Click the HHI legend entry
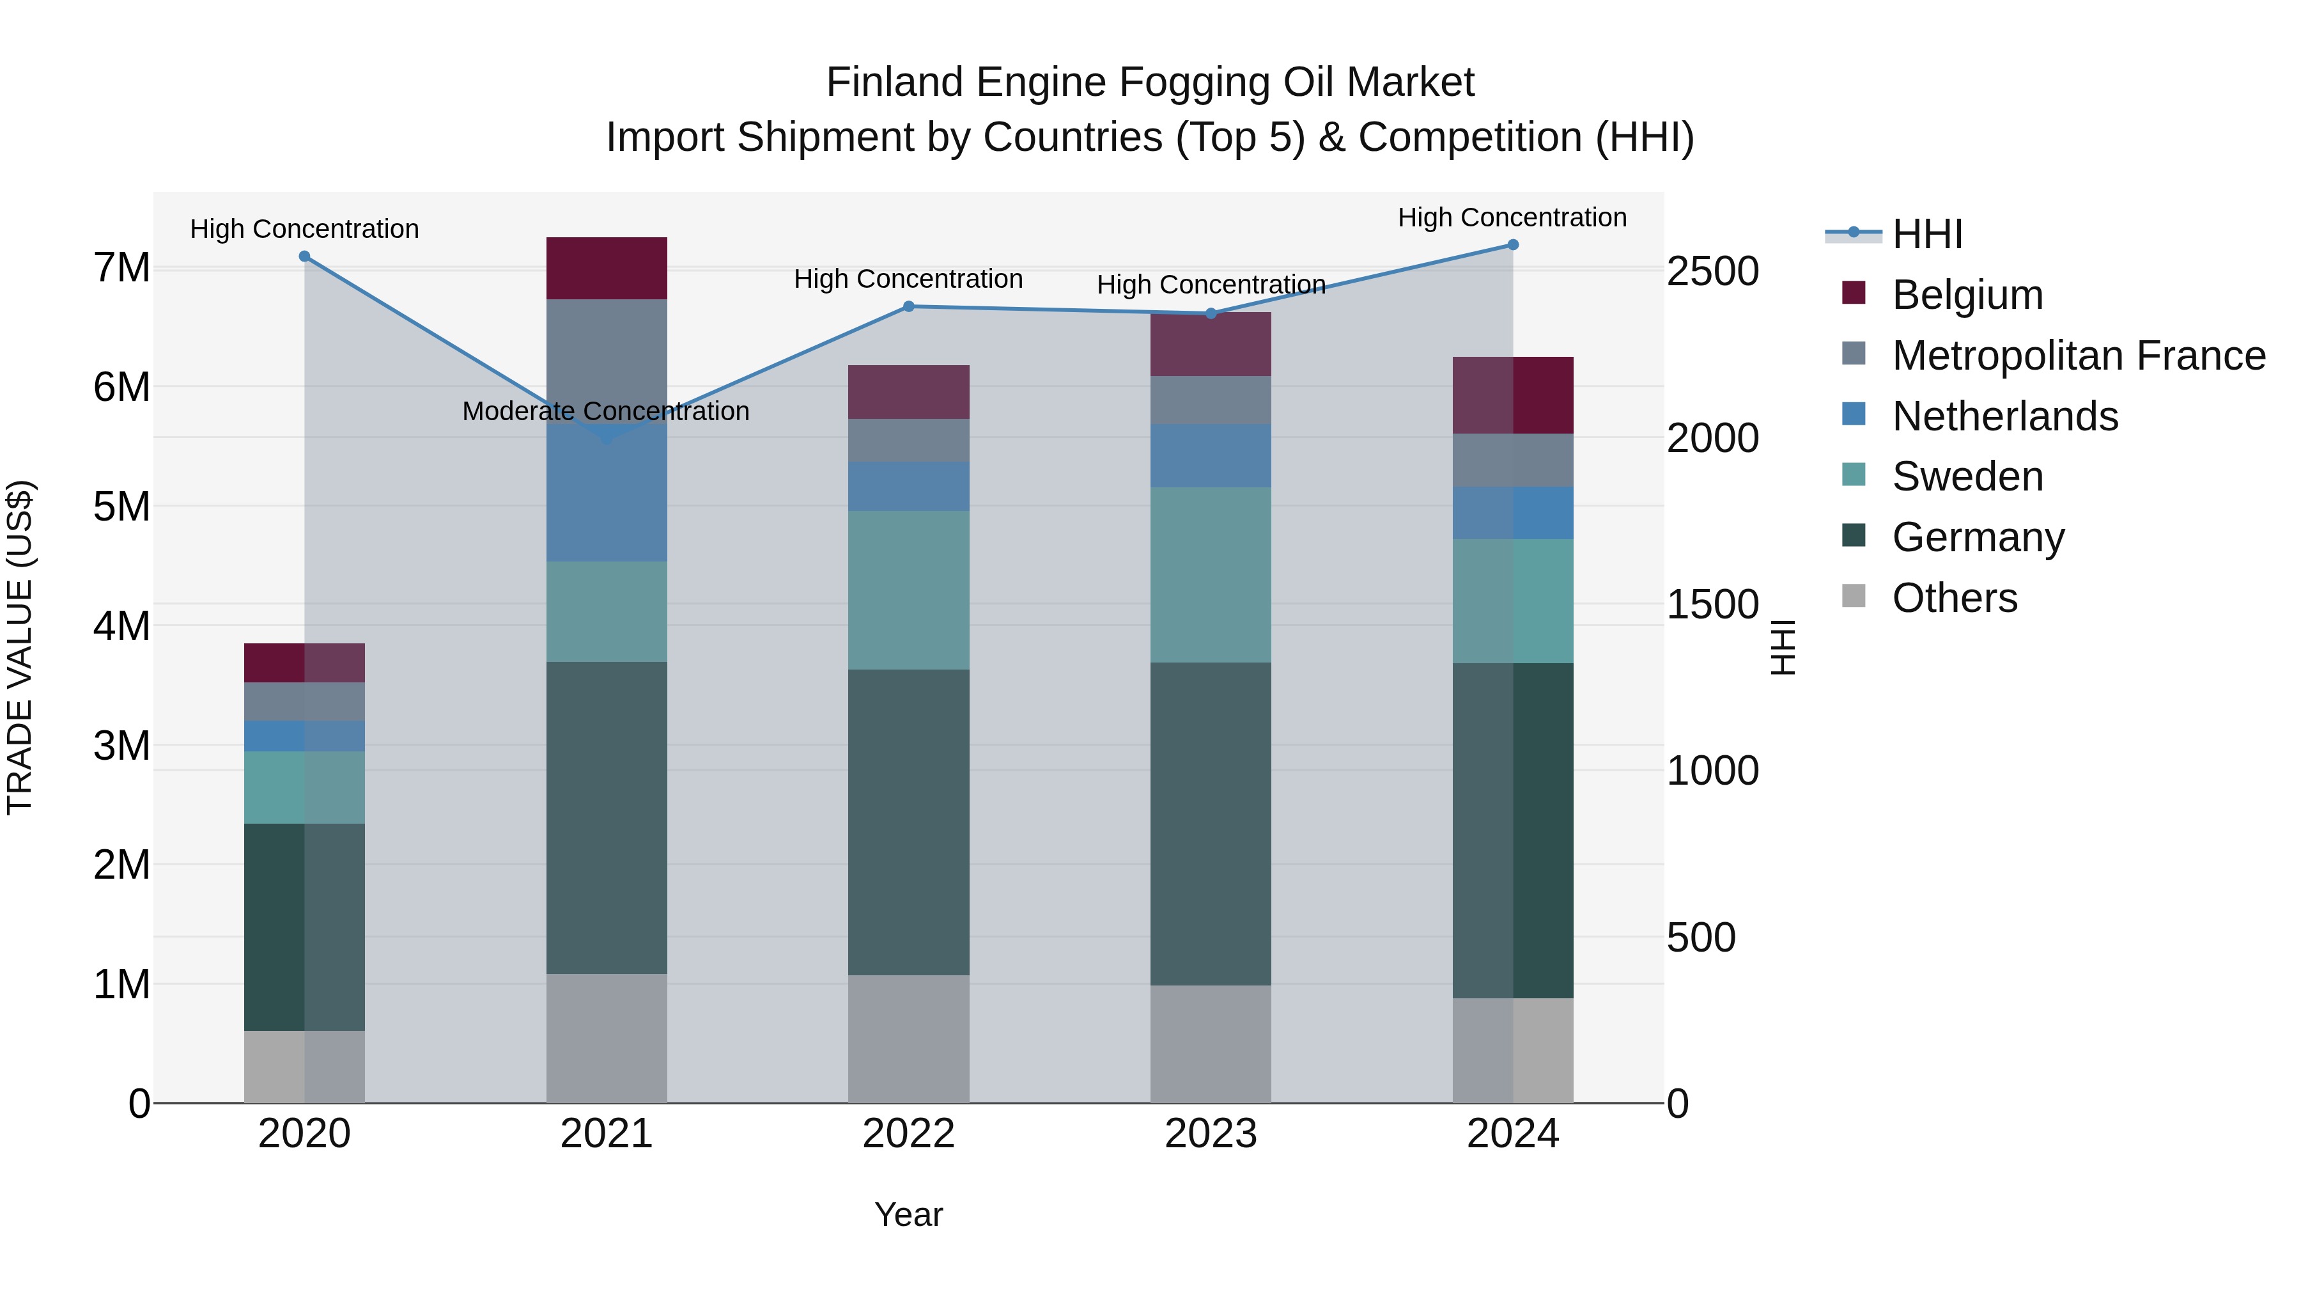pyautogui.click(x=1926, y=234)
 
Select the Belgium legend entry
pyautogui.click(x=1966, y=295)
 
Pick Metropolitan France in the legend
pyautogui.click(x=2078, y=356)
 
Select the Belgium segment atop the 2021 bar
pyautogui.click(x=607, y=268)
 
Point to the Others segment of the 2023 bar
pyautogui.click(x=1211, y=1043)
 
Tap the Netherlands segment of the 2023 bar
pyautogui.click(x=1211, y=456)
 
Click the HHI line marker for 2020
pyautogui.click(x=305, y=256)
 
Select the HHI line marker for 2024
pyautogui.click(x=1512, y=245)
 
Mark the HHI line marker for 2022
pyautogui.click(x=908, y=306)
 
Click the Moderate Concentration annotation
pyautogui.click(x=606, y=411)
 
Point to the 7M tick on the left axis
pyautogui.click(x=121, y=268)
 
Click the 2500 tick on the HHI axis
pyautogui.click(x=1712, y=272)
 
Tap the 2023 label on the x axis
pyautogui.click(x=1211, y=1134)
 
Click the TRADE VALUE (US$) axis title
pyautogui.click(x=20, y=647)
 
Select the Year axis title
pyautogui.click(x=908, y=1214)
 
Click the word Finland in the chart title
pyautogui.click(x=895, y=82)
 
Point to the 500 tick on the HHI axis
pyautogui.click(x=1701, y=938)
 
